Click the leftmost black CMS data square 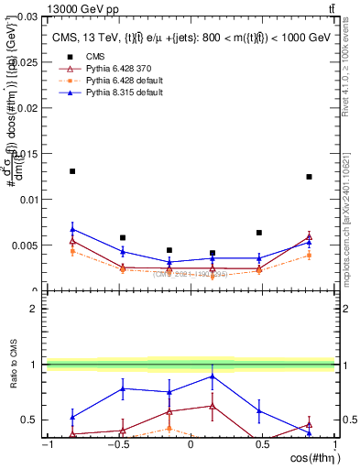pyautogui.click(x=72, y=171)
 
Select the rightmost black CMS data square pyautogui.click(x=310, y=177)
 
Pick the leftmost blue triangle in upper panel pyautogui.click(x=72, y=229)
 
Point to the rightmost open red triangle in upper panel pyautogui.click(x=310, y=237)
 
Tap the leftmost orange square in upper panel pyautogui.click(x=72, y=251)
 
